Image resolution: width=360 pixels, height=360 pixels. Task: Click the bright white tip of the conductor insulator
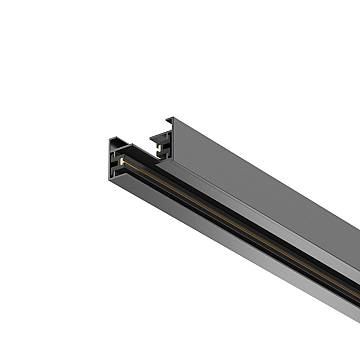point(121,159)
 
